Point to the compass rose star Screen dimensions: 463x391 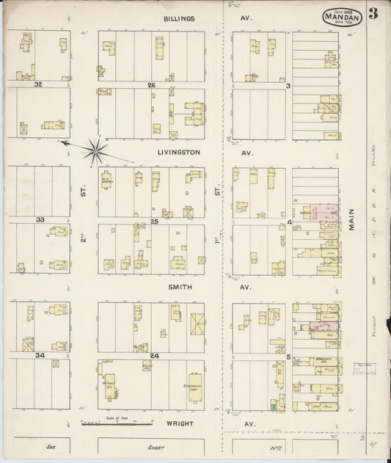[x=95, y=150]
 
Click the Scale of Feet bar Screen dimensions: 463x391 [x=116, y=423]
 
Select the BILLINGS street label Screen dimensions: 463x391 [x=179, y=18]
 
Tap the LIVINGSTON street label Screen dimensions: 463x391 [x=178, y=153]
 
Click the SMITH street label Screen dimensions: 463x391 [x=179, y=287]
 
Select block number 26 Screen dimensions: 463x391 [x=152, y=85]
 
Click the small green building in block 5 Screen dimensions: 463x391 [x=274, y=404]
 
